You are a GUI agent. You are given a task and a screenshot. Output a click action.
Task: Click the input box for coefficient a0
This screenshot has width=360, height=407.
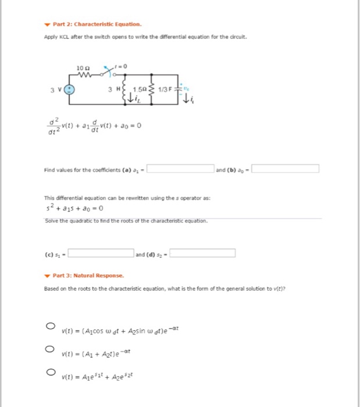pyautogui.click(x=285, y=169)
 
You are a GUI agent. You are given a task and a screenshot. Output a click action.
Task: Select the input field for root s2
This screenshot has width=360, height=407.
pyautogui.click(x=202, y=253)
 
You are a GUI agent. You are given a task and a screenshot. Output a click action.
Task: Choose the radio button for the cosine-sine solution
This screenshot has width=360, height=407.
pyautogui.click(x=51, y=326)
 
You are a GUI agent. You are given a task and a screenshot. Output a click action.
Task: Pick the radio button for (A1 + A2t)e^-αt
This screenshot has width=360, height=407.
pyautogui.click(x=51, y=349)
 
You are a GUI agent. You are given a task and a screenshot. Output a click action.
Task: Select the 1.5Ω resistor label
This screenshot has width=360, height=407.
pyautogui.click(x=141, y=90)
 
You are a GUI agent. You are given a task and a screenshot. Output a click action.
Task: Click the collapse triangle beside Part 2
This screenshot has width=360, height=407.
pyautogui.click(x=47, y=24)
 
